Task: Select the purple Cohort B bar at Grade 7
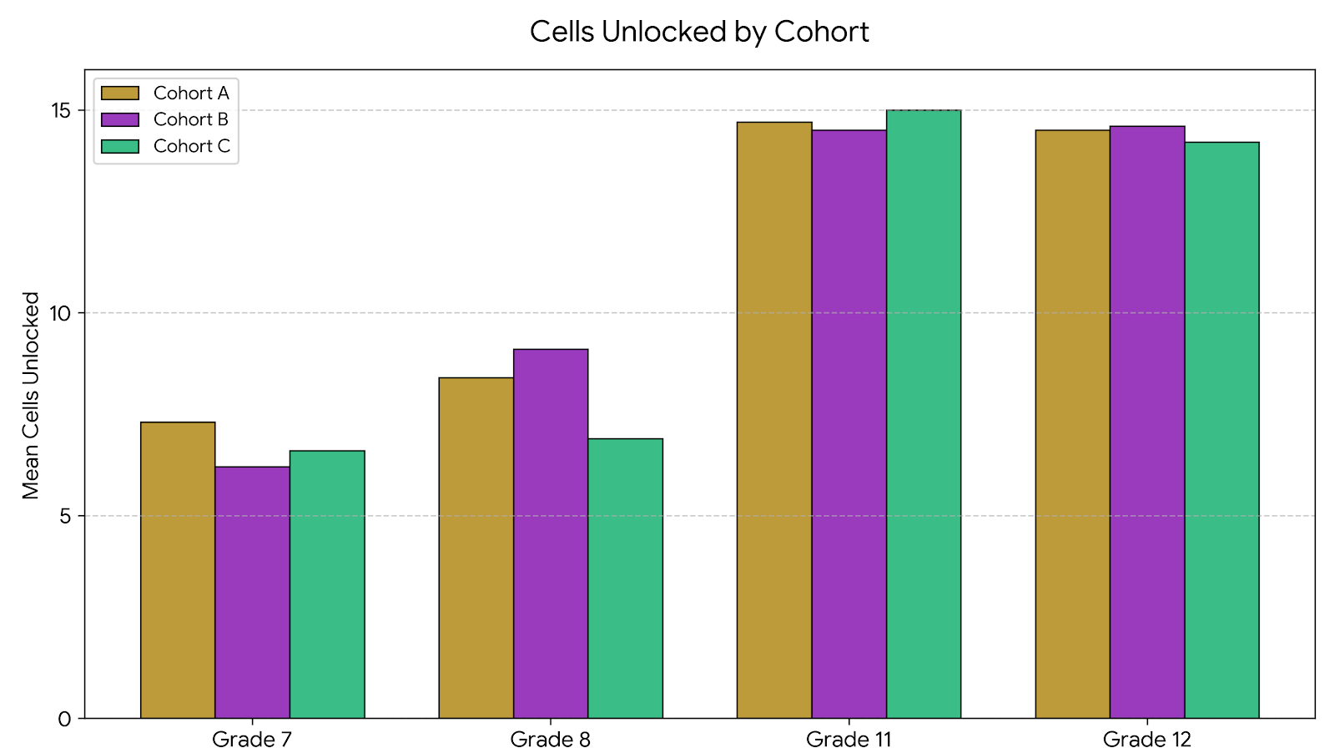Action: coord(252,592)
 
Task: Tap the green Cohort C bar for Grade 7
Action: coord(327,584)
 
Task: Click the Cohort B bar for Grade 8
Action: coord(551,533)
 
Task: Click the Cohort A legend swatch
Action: coord(120,93)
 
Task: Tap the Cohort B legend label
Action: coord(190,119)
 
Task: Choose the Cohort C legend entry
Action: coord(190,146)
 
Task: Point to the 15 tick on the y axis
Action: coord(64,110)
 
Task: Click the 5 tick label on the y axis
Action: coord(65,516)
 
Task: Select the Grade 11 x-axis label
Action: coord(849,738)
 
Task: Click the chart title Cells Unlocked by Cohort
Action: coord(699,32)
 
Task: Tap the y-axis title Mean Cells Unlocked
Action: coord(31,395)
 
